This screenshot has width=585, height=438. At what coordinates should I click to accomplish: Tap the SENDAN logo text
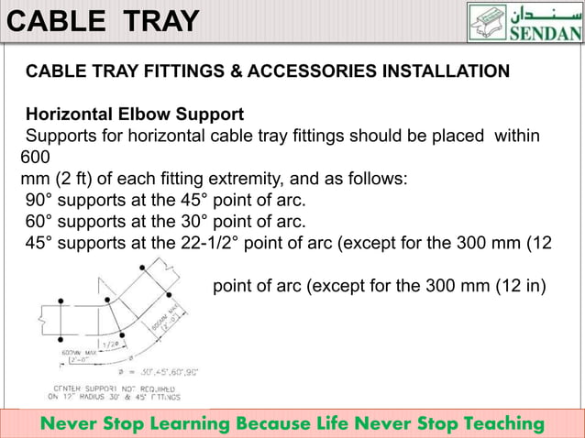546,34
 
